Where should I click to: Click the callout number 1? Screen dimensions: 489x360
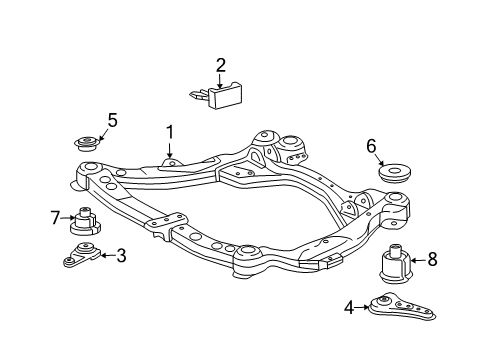[170, 132]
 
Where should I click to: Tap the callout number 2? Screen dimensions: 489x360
[221, 65]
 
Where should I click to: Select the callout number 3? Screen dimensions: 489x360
[121, 256]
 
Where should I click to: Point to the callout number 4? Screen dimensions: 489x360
[349, 308]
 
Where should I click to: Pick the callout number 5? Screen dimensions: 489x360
[113, 120]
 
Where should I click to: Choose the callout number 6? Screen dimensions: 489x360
[371, 146]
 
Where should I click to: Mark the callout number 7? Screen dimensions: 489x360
[55, 218]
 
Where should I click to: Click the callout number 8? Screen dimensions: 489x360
[432, 259]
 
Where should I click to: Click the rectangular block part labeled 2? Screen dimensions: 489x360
[217, 96]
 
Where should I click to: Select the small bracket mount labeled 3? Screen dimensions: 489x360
[82, 256]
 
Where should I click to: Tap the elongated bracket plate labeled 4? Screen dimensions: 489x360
[402, 307]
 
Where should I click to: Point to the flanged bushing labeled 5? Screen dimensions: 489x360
[86, 144]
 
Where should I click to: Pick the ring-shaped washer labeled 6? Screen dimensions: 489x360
[395, 173]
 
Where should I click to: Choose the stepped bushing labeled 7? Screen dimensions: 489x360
[85, 221]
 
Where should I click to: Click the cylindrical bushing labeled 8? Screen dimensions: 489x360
[395, 264]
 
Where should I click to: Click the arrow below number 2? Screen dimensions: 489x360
[220, 81]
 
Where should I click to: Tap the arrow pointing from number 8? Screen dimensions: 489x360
[419, 260]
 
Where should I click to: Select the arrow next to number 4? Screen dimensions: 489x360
[362, 308]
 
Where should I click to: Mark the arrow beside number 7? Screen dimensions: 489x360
[68, 218]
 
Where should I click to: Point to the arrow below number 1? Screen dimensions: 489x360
[170, 149]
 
